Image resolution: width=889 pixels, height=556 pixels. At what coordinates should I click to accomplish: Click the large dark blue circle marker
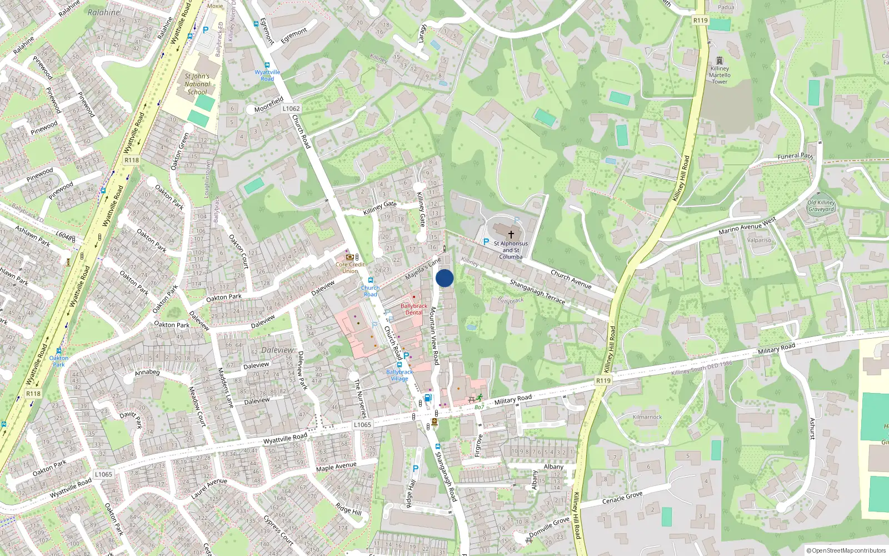pyautogui.click(x=444, y=278)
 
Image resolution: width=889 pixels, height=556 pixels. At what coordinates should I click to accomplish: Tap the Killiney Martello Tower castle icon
pyautogui.click(x=720, y=61)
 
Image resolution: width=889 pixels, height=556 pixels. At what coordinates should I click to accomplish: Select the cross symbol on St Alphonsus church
pyautogui.click(x=511, y=235)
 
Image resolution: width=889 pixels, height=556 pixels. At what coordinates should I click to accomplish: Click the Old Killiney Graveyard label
pyautogui.click(x=821, y=206)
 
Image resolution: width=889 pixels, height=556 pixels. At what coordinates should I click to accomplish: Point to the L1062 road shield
pyautogui.click(x=291, y=108)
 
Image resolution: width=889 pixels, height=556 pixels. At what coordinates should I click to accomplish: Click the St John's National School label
pyautogui.click(x=197, y=84)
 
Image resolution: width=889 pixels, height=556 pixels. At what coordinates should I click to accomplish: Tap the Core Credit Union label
pyautogui.click(x=350, y=267)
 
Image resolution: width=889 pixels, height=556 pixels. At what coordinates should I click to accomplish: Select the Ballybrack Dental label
pyautogui.click(x=414, y=309)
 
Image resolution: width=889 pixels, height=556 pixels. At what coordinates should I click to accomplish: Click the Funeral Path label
pyautogui.click(x=795, y=156)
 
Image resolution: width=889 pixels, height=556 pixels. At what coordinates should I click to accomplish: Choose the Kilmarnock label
pyautogui.click(x=647, y=417)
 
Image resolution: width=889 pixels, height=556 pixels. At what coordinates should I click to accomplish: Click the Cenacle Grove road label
pyautogui.click(x=622, y=498)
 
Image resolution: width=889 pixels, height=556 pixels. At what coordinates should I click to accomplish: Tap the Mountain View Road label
pyautogui.click(x=434, y=336)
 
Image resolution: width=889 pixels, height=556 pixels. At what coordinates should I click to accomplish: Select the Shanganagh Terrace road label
pyautogui.click(x=537, y=292)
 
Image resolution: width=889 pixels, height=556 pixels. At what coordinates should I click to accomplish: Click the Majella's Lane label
pyautogui.click(x=423, y=269)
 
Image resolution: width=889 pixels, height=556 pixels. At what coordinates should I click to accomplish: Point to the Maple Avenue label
pyautogui.click(x=336, y=466)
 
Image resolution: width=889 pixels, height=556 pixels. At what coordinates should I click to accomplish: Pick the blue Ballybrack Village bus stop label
pyautogui.click(x=399, y=375)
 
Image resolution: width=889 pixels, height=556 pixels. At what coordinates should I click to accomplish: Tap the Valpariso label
pyautogui.click(x=759, y=240)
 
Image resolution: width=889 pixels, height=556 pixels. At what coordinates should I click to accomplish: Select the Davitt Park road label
pyautogui.click(x=131, y=419)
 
